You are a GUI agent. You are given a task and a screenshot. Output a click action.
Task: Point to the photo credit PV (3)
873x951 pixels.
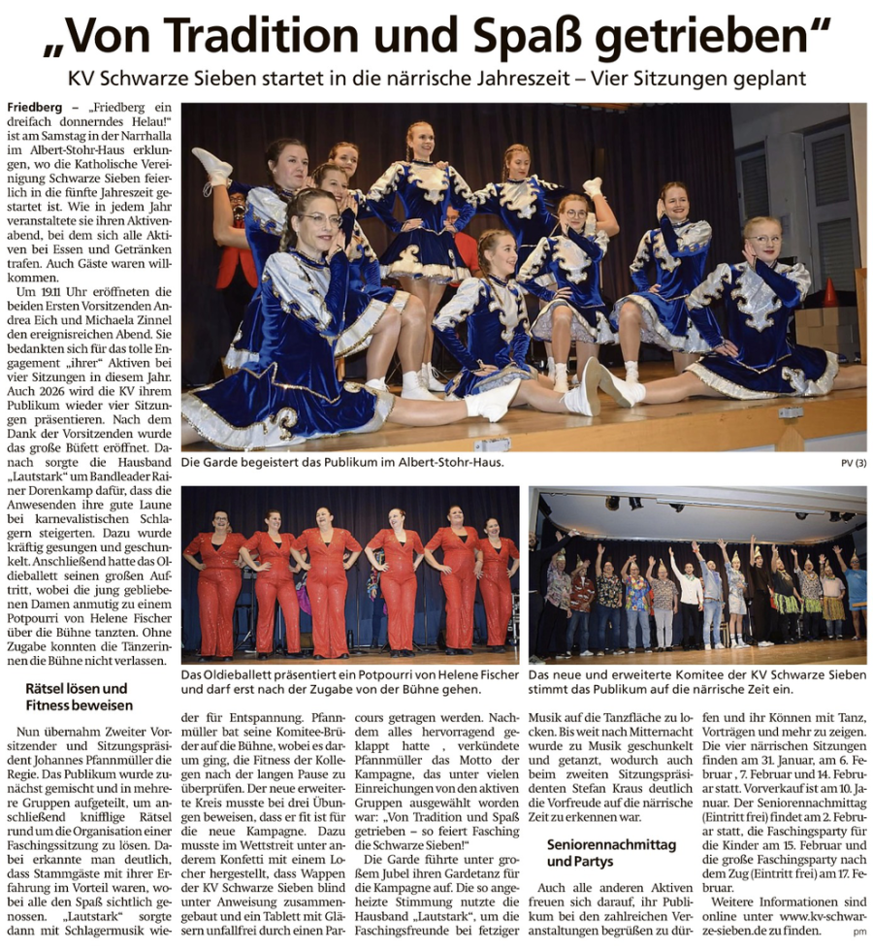click(854, 464)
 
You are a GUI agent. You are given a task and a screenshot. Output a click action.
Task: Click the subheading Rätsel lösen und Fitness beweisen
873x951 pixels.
click(80, 697)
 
